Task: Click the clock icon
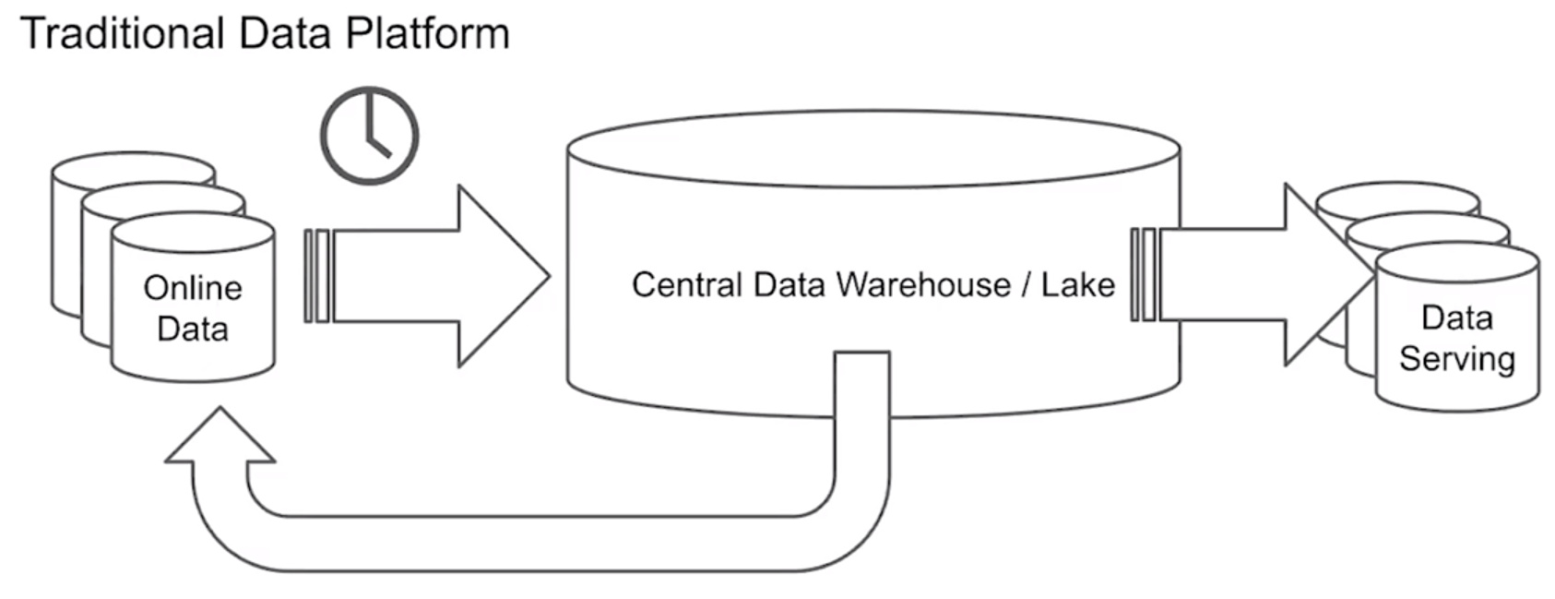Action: (x=369, y=136)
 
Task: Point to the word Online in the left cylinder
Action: (x=193, y=288)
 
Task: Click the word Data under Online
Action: (x=193, y=329)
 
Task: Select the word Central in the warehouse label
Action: (x=687, y=284)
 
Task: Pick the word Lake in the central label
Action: (x=1078, y=284)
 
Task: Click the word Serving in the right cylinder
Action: (x=1456, y=358)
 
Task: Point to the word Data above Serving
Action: (x=1456, y=317)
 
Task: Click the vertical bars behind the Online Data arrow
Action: (x=316, y=275)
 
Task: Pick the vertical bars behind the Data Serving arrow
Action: (x=1144, y=275)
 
